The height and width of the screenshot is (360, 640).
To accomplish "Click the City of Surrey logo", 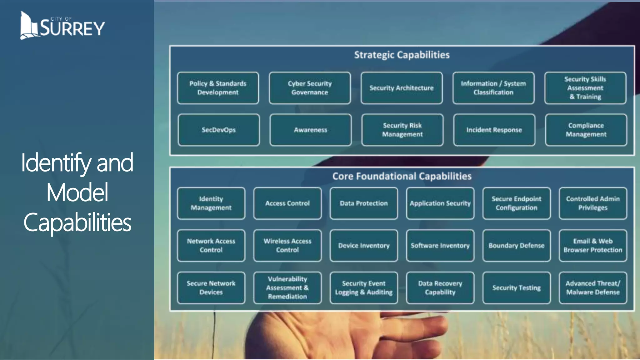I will [x=62, y=26].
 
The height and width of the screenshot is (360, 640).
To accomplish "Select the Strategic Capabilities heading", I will [x=402, y=55].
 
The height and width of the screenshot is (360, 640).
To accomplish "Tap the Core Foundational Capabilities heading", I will [x=402, y=176].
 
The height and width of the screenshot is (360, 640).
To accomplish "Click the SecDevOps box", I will [x=218, y=130].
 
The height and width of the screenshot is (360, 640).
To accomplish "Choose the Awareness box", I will [x=310, y=130].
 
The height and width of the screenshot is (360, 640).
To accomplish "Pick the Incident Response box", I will [x=494, y=130].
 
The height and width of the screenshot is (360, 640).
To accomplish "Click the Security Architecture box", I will [x=402, y=88].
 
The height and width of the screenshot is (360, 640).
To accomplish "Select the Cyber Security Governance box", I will [x=310, y=88].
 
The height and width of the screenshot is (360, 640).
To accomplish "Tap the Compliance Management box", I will [x=586, y=130].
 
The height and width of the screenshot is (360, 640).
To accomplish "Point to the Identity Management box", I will [x=211, y=203].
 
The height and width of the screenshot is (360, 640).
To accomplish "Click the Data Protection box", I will [x=364, y=203].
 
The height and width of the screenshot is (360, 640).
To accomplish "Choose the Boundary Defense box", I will [x=517, y=246].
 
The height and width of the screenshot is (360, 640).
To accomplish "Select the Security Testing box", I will [x=517, y=288].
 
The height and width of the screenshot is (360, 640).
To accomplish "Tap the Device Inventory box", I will [x=364, y=246].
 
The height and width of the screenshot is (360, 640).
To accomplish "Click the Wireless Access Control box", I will [x=287, y=246].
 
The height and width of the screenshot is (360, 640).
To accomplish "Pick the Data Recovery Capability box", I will [x=440, y=288].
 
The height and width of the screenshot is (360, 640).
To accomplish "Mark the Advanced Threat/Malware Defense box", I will [x=593, y=288].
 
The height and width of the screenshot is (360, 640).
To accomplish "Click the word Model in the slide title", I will [x=77, y=193].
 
